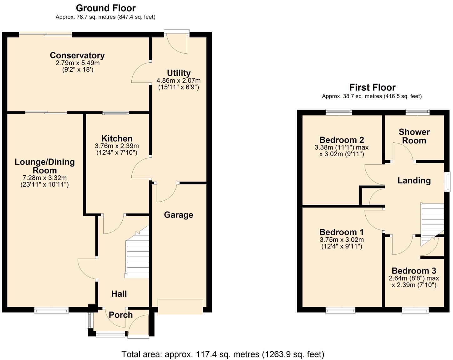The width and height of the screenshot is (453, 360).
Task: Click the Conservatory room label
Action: click(77, 55)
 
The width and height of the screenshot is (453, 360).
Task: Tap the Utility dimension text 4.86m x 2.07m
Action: click(179, 80)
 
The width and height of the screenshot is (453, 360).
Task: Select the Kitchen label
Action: click(117, 139)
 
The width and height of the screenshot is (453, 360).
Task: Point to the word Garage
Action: click(179, 215)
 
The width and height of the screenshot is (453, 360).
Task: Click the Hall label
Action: click(119, 294)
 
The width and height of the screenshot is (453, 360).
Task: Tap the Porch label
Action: click(121, 315)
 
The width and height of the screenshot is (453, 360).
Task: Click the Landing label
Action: click(414, 181)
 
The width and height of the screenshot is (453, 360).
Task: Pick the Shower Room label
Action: click(414, 136)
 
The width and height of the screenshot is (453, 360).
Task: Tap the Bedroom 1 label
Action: click(341, 232)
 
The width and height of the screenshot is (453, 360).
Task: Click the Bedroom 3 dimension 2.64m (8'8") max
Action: click(414, 278)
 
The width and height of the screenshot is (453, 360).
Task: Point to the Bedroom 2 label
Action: click(341, 140)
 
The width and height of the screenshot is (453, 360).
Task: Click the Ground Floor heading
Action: click(106, 8)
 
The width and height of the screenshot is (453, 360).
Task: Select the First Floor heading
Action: click(372, 87)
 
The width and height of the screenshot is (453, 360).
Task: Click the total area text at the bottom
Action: click(223, 354)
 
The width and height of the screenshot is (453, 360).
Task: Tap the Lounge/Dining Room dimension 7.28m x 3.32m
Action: click(45, 178)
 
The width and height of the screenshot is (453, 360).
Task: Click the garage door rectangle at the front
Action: click(180, 307)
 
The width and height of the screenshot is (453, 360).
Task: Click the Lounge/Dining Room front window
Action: click(52, 310)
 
